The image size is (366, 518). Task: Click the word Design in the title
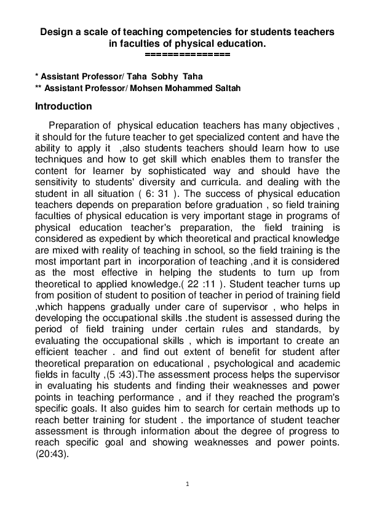[57, 30]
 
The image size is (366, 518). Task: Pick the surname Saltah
[225, 88]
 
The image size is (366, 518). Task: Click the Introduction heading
[63, 106]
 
